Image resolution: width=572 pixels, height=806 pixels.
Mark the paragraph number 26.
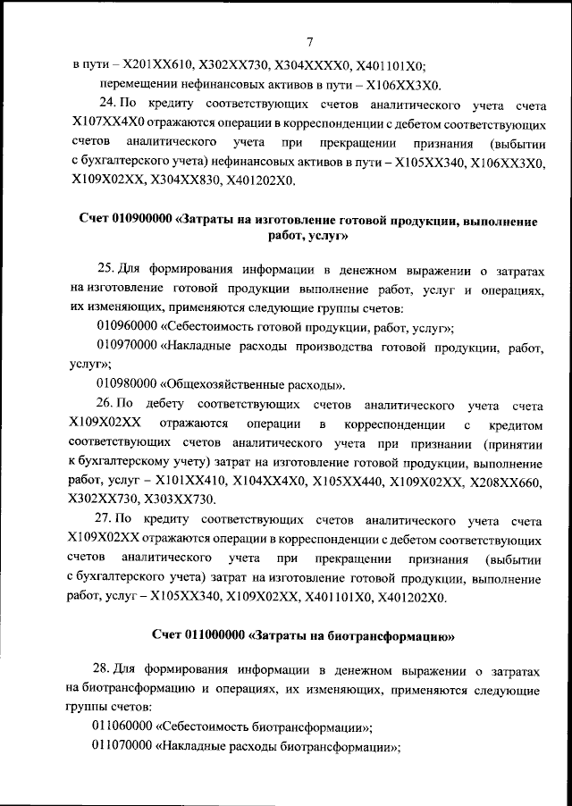(x=108, y=405)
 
